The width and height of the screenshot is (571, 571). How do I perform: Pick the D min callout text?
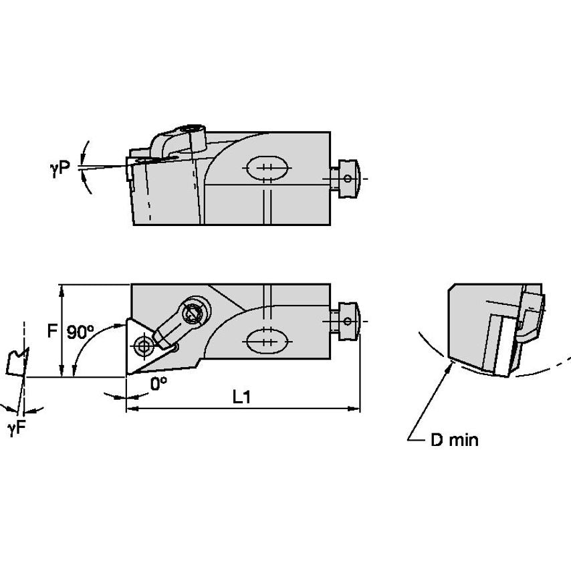click(x=453, y=440)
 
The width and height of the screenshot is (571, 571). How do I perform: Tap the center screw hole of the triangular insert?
click(x=142, y=346)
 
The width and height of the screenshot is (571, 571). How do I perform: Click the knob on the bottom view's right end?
click(x=349, y=320)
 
